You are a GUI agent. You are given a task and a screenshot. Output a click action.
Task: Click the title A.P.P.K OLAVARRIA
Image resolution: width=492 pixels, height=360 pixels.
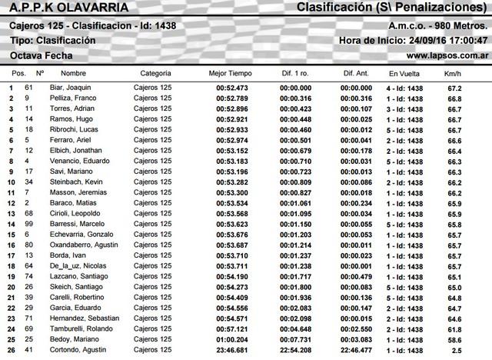(61, 8)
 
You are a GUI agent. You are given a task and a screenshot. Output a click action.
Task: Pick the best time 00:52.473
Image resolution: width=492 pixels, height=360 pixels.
(232, 88)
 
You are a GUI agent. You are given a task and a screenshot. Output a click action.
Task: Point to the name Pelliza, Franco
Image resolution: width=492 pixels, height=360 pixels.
(81, 99)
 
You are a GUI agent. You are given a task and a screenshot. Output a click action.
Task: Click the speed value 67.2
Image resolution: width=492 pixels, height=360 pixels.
(454, 88)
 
